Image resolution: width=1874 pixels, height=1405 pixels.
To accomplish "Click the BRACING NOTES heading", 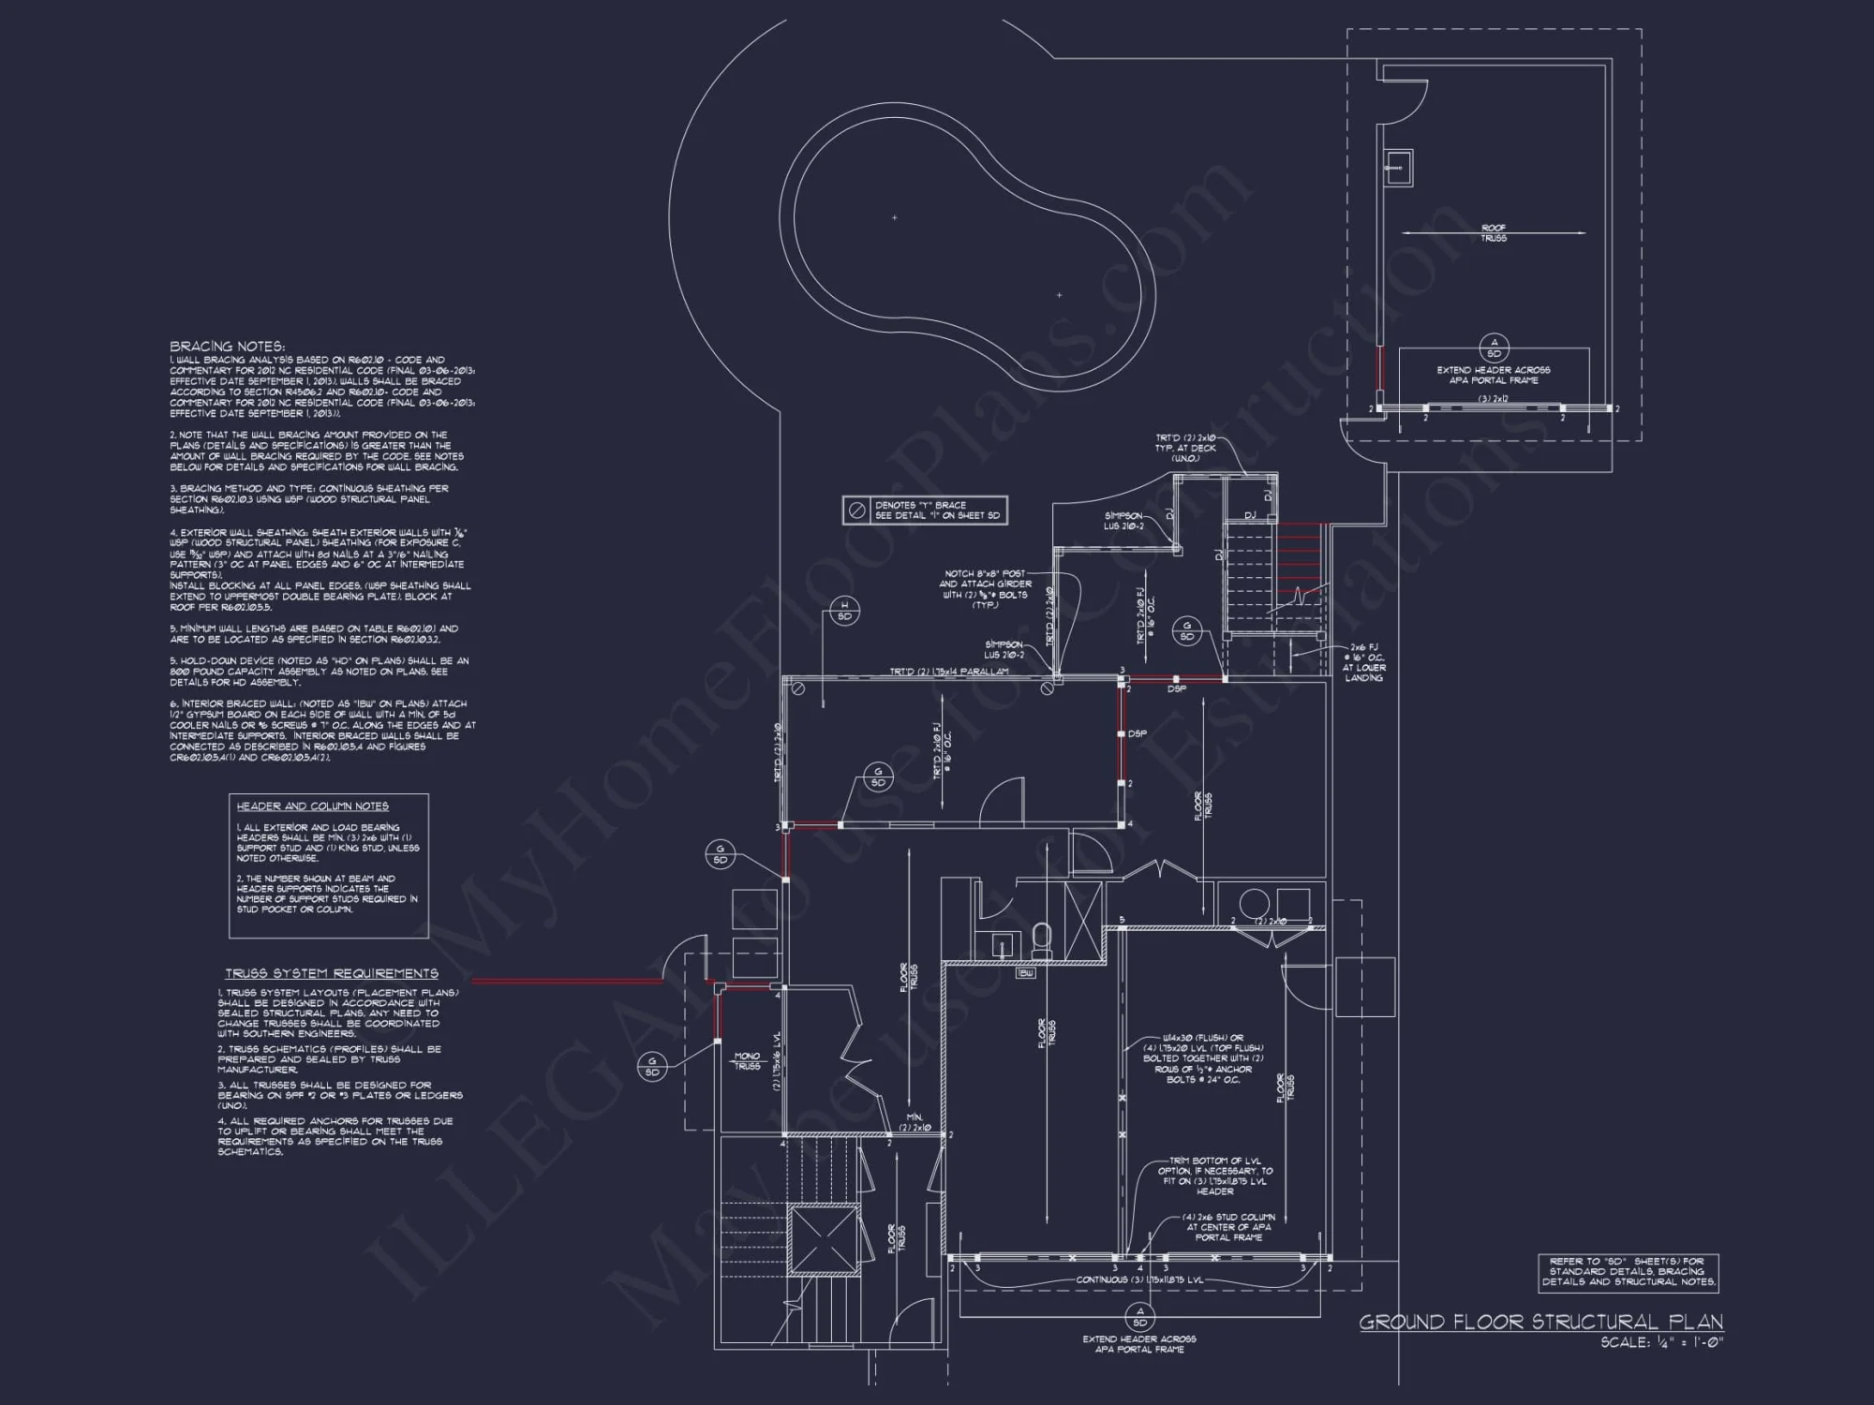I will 227,347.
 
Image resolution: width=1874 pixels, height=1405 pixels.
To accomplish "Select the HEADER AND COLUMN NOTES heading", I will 312,806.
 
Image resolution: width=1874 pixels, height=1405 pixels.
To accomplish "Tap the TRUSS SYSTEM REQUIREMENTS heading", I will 332,974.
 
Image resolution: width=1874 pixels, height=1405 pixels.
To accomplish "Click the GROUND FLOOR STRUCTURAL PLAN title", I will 1540,1322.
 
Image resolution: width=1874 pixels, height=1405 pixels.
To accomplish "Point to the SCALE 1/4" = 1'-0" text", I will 1661,1343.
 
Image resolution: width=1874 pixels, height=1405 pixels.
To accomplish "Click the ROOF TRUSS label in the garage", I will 1494,233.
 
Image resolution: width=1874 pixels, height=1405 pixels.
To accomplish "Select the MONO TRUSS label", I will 747,1061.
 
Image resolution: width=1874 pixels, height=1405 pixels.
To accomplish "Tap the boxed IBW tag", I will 1027,973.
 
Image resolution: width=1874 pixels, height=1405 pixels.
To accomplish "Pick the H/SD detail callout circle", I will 844,611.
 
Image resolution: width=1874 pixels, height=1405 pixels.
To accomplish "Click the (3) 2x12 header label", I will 1494,399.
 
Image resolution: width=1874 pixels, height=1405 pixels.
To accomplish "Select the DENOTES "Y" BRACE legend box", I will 925,510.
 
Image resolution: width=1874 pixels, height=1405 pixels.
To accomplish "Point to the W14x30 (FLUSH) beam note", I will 1203,1058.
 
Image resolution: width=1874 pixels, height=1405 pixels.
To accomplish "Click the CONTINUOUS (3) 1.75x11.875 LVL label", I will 1139,1279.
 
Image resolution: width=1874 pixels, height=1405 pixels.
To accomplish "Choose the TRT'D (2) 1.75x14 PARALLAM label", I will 949,672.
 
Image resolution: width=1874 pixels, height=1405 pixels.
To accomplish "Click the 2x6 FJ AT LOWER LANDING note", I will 1363,661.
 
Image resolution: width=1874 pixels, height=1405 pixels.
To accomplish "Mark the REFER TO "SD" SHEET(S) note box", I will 1629,1272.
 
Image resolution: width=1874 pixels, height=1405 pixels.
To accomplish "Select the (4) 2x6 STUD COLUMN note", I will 1228,1227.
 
